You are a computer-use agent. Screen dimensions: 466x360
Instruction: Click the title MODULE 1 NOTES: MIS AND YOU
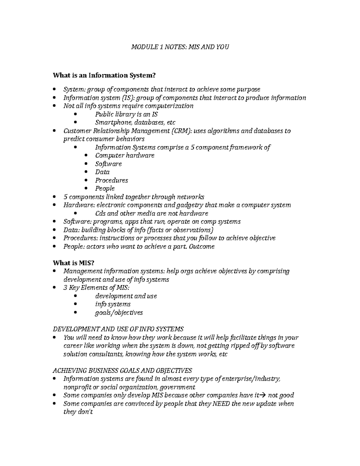[x=180, y=47]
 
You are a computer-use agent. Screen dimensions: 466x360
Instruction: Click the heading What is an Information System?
[x=104, y=75]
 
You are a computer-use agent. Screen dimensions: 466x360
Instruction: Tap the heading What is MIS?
[x=73, y=263]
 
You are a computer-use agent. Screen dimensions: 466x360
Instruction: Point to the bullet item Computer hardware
[x=124, y=155]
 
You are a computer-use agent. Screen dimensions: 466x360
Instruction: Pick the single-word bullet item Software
[x=108, y=164]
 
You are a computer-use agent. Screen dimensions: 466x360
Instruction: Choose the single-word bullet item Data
[x=102, y=172]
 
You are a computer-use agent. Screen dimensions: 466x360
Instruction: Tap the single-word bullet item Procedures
[x=111, y=180]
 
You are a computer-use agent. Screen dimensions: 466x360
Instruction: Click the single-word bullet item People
[x=105, y=188]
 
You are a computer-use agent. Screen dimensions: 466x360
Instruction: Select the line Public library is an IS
[x=126, y=114]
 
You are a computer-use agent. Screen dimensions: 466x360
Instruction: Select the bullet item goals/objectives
[x=119, y=313]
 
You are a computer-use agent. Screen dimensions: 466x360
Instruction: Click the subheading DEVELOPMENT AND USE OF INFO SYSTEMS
[x=118, y=329]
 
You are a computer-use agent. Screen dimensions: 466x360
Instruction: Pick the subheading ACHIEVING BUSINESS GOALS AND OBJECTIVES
[x=122, y=370]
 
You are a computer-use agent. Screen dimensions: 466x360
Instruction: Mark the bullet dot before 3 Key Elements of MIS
[x=54, y=287]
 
